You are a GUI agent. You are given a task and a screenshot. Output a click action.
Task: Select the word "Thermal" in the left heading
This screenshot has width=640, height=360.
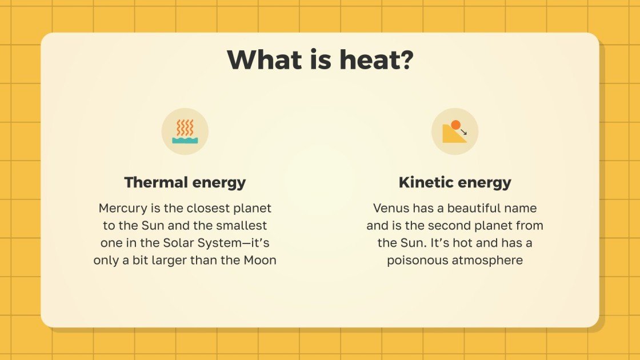pyautogui.click(x=156, y=183)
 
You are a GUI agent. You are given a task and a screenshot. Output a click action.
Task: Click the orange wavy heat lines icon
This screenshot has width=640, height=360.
pyautogui.click(x=185, y=127)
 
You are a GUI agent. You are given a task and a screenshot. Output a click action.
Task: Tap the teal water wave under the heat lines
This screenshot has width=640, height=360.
pyautogui.click(x=185, y=140)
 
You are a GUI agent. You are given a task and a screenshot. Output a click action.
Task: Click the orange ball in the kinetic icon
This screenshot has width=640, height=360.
pyautogui.click(x=455, y=125)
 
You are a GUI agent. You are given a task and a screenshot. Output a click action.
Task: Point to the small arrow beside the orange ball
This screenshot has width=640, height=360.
pyautogui.click(x=463, y=132)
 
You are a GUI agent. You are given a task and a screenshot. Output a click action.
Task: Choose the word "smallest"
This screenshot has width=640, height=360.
pyautogui.click(x=242, y=226)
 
